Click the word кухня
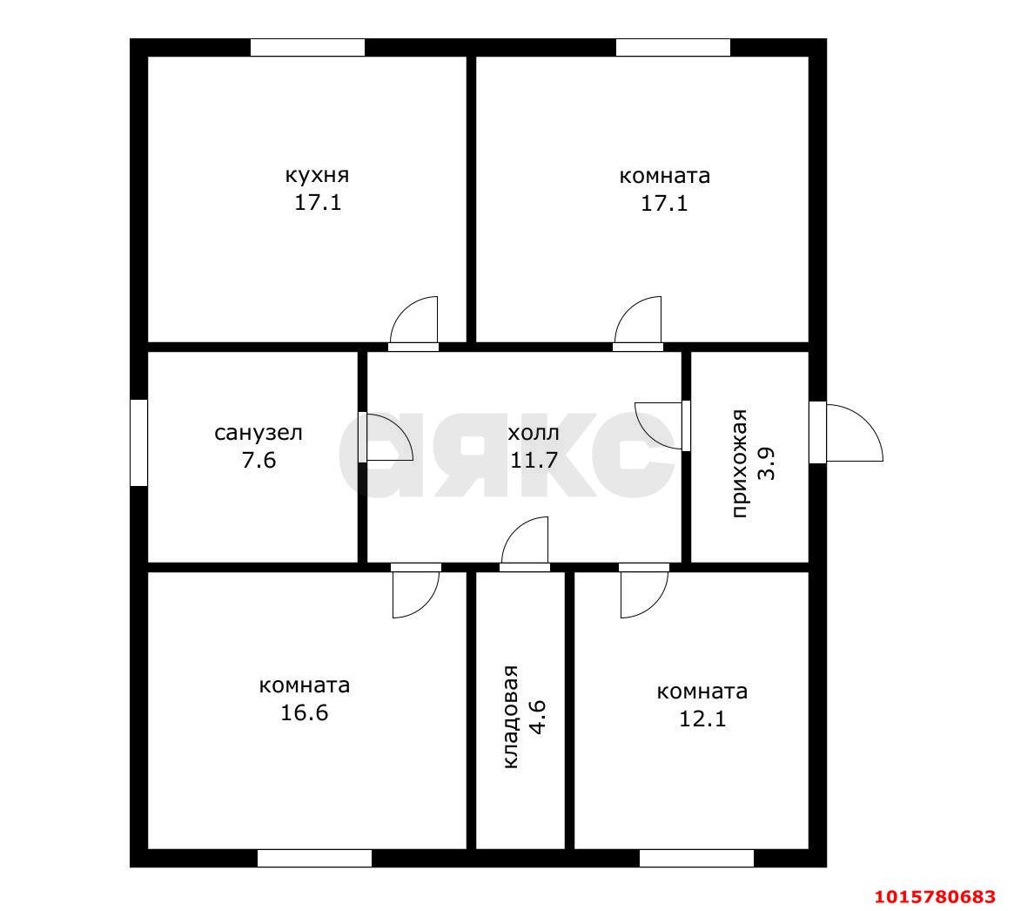click(x=317, y=176)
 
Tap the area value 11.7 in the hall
click(x=534, y=460)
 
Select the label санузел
click(x=258, y=432)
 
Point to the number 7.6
click(x=259, y=460)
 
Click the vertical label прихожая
click(x=740, y=463)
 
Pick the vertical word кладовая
click(x=511, y=717)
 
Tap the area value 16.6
click(x=304, y=712)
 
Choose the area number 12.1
click(x=702, y=719)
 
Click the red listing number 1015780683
click(x=935, y=896)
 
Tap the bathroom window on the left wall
click(x=139, y=442)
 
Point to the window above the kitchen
click(x=308, y=47)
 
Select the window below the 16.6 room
click(x=314, y=858)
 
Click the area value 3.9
click(x=768, y=463)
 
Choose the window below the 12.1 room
click(x=696, y=858)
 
